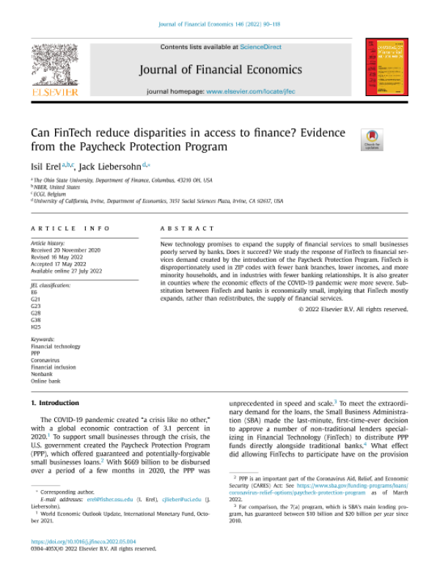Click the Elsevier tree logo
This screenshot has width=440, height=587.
tap(55, 65)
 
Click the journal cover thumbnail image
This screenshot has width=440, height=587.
tap(386, 68)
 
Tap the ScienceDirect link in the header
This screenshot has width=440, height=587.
tap(260, 47)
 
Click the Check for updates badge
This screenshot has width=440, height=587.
tap(372, 139)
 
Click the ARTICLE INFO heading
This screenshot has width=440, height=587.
tap(70, 228)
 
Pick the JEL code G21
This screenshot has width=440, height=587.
tap(36, 299)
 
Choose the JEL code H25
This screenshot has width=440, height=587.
tap(36, 327)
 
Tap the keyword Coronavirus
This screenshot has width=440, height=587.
tap(46, 360)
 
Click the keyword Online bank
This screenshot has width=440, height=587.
tap(45, 382)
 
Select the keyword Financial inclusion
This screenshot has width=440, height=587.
tap(53, 367)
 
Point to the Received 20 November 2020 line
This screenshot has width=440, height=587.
tap(65, 249)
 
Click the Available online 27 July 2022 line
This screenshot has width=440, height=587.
tap(66, 271)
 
